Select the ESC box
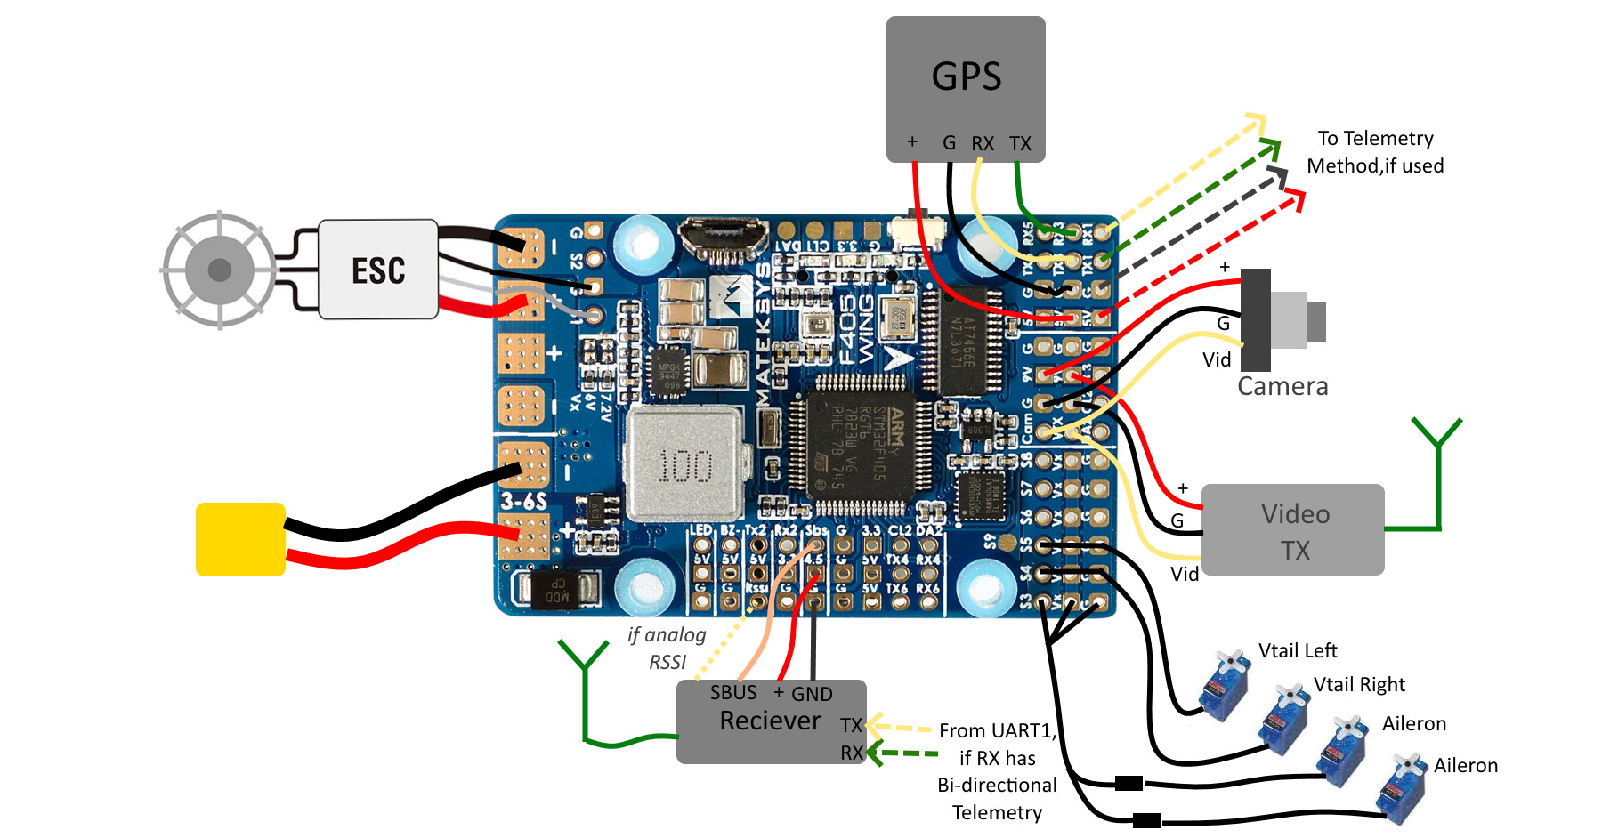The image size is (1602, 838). (378, 270)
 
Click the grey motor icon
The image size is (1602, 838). (219, 270)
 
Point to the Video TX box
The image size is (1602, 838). (1292, 530)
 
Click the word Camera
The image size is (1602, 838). (1282, 386)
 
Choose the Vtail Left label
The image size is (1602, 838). (1298, 650)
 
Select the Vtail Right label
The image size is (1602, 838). (1359, 684)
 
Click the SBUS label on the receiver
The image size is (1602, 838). (733, 692)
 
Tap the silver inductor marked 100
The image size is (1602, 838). (684, 464)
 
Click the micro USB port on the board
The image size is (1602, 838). (724, 238)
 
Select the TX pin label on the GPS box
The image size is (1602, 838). (1020, 143)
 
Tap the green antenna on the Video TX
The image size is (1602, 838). (1436, 471)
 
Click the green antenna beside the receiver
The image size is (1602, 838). (585, 694)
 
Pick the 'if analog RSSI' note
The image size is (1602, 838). (667, 648)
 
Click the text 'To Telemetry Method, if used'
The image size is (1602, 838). (1375, 152)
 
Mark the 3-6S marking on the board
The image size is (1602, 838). (523, 500)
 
